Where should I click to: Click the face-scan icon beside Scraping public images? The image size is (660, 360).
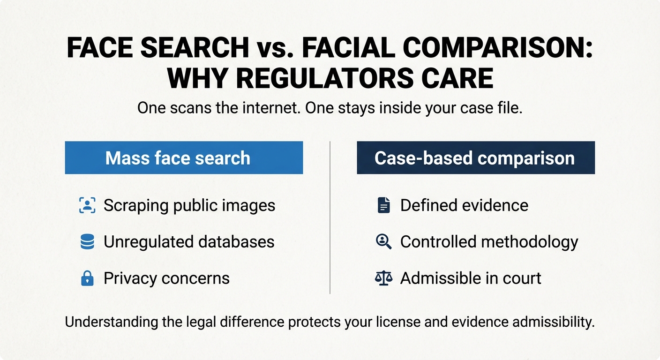click(87, 205)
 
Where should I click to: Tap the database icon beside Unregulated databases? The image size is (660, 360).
click(87, 242)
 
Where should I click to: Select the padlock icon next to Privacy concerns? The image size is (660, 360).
click(87, 278)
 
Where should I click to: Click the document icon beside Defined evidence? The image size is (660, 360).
click(383, 205)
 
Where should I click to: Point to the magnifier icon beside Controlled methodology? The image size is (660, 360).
click(383, 242)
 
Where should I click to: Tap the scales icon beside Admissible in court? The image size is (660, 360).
click(383, 278)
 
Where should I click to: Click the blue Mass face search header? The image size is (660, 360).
click(184, 158)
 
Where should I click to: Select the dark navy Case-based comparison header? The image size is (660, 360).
click(475, 158)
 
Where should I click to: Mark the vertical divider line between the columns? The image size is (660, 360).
click(330, 217)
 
